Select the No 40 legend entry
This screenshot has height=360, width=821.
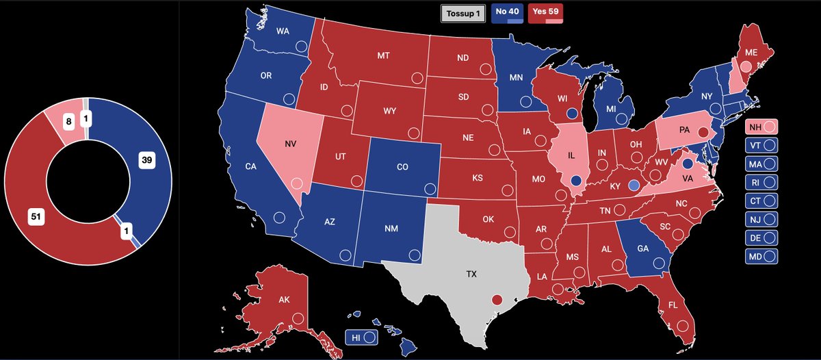tap(507, 13)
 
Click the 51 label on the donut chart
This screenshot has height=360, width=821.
tap(36, 217)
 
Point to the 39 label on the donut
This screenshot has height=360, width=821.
tap(145, 160)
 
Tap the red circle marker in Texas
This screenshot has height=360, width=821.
tap(497, 299)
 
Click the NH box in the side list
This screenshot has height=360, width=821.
tap(761, 127)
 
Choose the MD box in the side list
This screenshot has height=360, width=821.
tap(761, 257)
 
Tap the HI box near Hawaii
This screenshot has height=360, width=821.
tap(362, 337)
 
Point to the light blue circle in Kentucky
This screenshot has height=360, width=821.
tap(634, 185)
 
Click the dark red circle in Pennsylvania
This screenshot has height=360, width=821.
tap(702, 131)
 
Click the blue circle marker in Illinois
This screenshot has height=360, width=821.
tap(576, 181)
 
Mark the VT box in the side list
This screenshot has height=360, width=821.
tap(761, 145)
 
